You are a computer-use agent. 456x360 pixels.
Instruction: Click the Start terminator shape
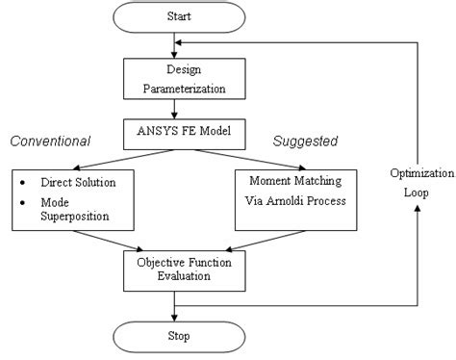175,16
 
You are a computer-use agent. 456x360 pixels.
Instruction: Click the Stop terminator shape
175,338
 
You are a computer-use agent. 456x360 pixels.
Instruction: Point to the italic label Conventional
50,141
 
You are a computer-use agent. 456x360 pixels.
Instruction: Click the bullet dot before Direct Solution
20,181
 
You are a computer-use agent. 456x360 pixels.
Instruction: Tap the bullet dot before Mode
20,201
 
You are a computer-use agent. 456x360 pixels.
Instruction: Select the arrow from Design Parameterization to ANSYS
175,108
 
